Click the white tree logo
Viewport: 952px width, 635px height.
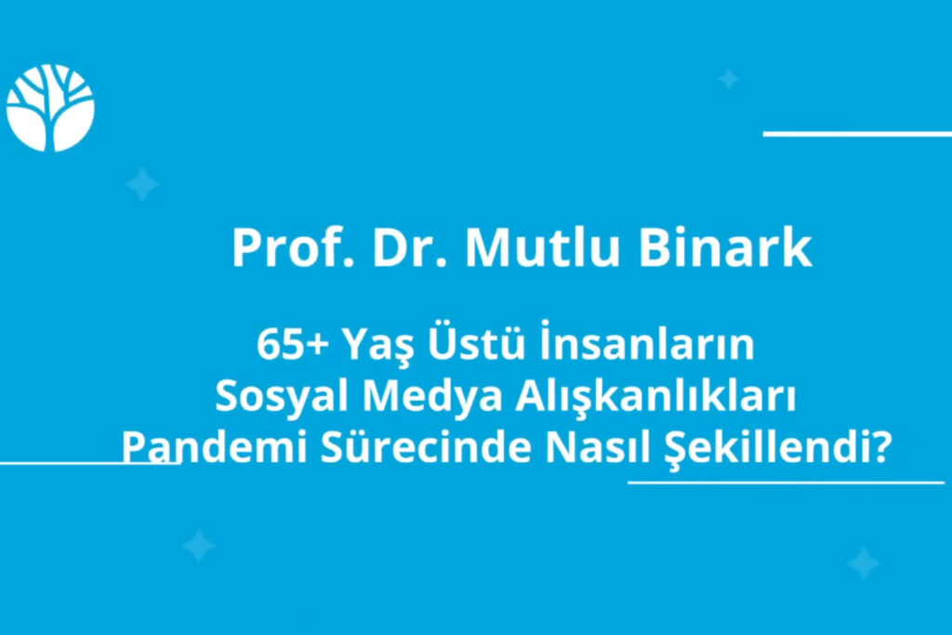pyautogui.click(x=50, y=108)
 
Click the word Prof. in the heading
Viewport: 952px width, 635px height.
pyautogui.click(x=282, y=248)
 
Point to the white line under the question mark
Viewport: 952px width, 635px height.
pyautogui.click(x=786, y=483)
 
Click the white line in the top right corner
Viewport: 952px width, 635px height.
pyautogui.click(x=856, y=134)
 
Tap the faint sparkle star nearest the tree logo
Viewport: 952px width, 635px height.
pyautogui.click(x=142, y=185)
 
